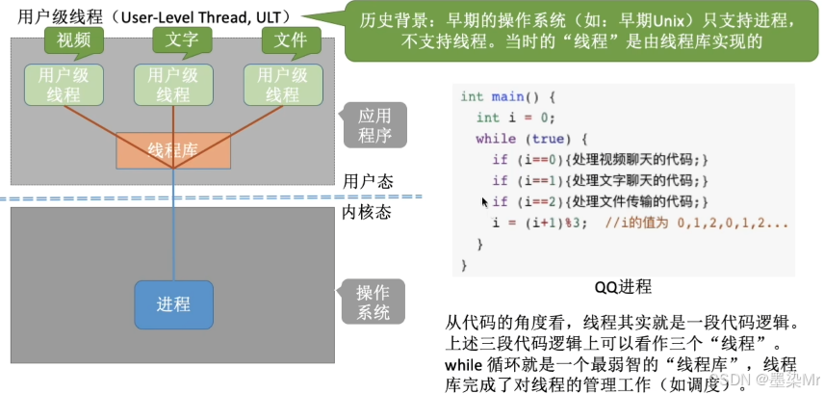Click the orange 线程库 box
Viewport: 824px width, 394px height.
coord(173,150)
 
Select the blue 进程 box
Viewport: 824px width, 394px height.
coord(173,304)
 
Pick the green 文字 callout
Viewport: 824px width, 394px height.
coord(174,39)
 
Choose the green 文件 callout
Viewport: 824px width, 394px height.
coord(282,39)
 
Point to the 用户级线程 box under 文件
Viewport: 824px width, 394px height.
coord(282,85)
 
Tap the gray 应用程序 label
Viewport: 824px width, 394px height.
coord(373,126)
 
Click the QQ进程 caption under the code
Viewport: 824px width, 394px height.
coord(623,286)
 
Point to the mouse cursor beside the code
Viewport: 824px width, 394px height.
coord(485,202)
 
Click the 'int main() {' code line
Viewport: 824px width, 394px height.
coord(508,97)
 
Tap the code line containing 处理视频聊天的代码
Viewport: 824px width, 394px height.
coord(600,160)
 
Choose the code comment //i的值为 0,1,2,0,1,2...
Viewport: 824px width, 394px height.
coord(698,223)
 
